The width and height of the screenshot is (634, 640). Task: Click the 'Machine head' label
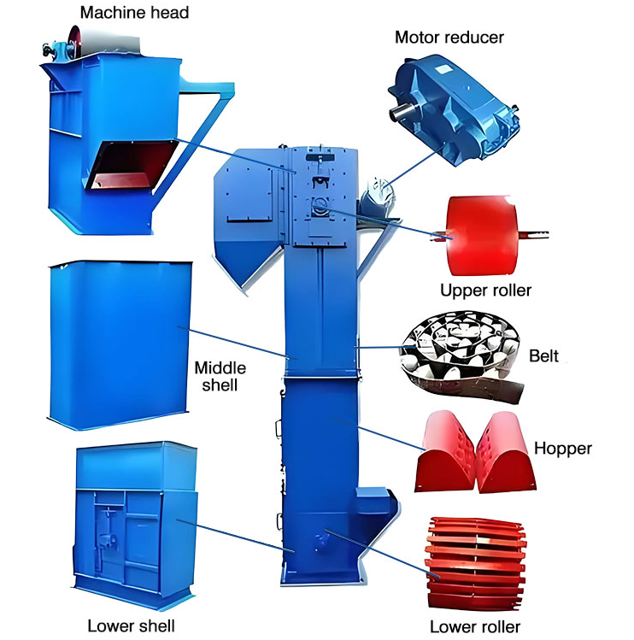133,12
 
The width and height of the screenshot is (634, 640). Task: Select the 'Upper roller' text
485,291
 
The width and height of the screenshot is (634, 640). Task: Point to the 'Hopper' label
562,448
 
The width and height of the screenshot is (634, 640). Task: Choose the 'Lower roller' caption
474,626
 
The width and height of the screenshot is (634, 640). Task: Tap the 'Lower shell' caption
131,626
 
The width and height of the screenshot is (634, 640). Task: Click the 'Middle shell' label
220,376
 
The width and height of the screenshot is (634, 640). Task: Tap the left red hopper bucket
446,453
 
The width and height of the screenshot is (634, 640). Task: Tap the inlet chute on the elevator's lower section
375,503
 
